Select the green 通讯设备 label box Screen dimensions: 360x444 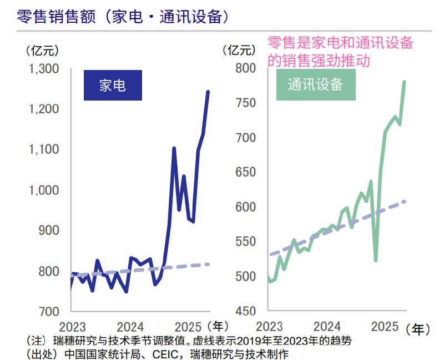point(315,84)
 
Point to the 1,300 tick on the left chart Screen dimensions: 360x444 point(44,69)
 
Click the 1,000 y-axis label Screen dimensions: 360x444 point(44,190)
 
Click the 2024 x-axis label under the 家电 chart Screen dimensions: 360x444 point(131,326)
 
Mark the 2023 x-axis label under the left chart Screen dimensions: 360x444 point(71,326)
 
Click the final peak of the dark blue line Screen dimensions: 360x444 point(208,91)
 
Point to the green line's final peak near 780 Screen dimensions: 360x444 point(404,82)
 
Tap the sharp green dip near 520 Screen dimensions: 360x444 point(376,261)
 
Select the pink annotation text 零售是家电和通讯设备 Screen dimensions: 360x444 point(340,44)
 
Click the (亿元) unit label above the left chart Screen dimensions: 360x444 point(42,51)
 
